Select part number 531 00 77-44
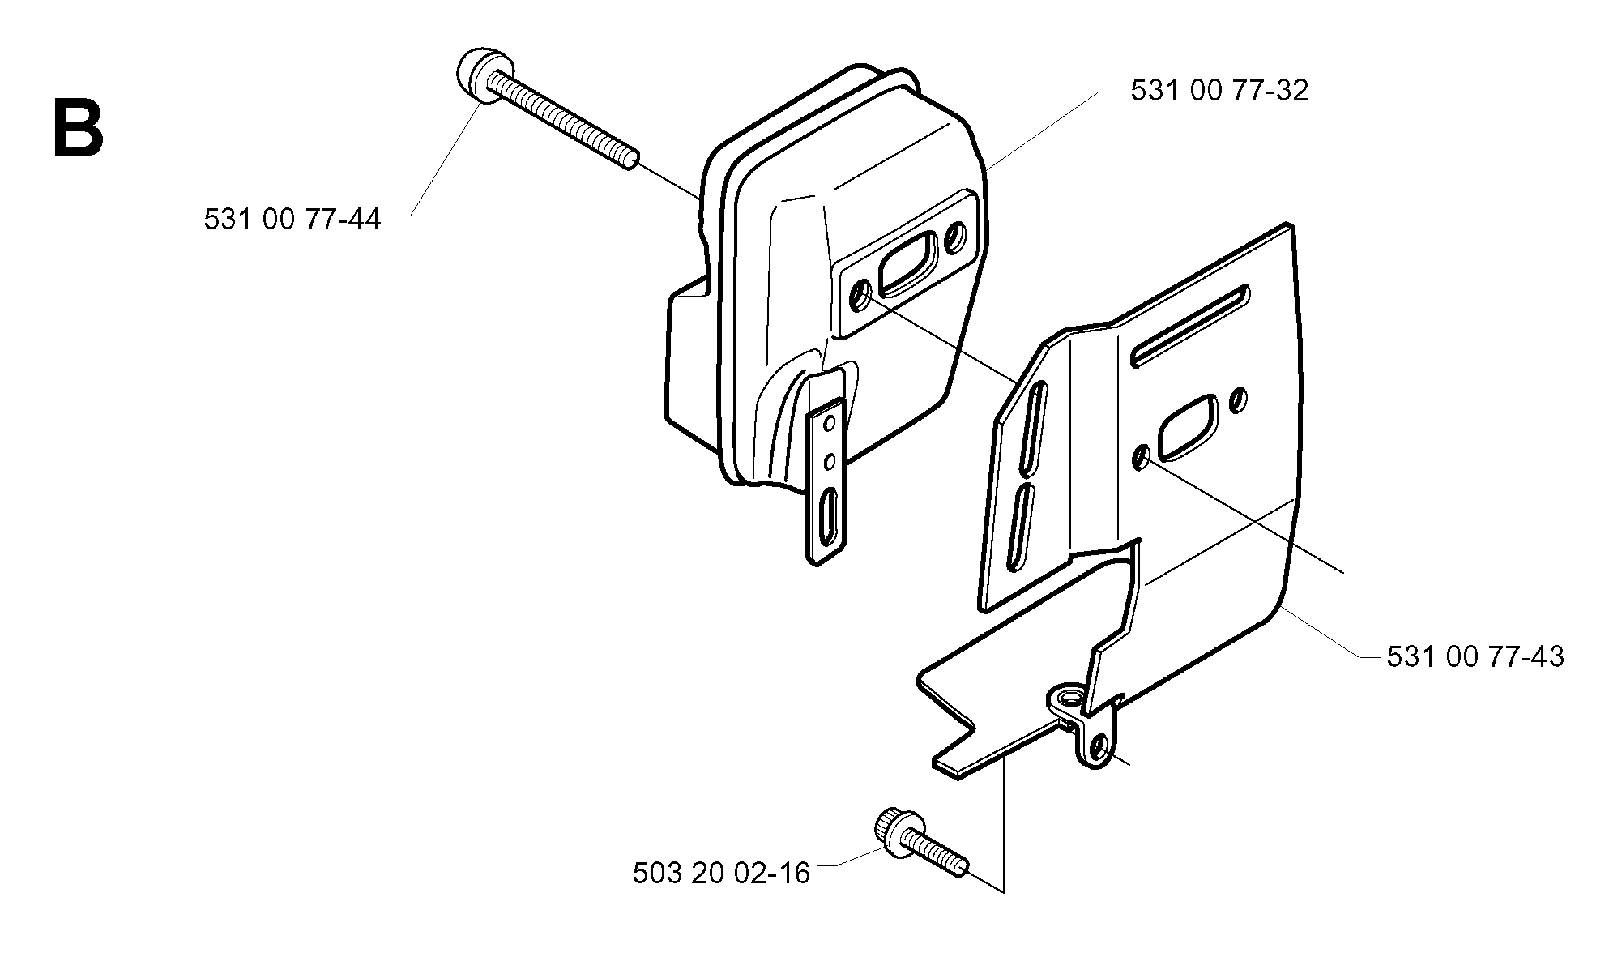[292, 220]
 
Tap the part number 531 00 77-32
[1219, 91]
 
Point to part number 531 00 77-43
[1475, 656]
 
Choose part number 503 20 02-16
[721, 874]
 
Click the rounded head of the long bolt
[480, 75]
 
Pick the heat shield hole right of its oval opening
[1238, 399]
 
